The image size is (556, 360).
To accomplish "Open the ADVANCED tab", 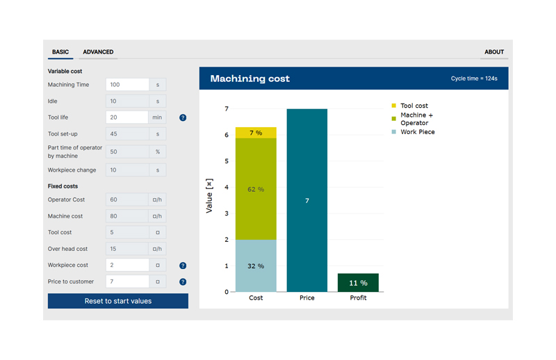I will point(98,52).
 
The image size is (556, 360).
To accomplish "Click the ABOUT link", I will point(494,52).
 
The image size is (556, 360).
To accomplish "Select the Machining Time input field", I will point(127,85).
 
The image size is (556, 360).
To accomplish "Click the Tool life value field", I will point(127,117).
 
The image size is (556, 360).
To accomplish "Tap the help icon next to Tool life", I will point(183,117).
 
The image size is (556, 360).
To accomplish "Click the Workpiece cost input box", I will point(127,265).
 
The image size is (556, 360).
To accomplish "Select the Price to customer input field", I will point(127,281).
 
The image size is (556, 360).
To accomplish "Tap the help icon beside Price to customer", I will point(183,281).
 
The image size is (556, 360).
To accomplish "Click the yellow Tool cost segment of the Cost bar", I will point(256,133).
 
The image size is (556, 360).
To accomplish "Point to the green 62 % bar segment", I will point(256,189).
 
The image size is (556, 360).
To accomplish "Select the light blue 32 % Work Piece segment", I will point(256,265).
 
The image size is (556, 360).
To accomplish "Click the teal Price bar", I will point(306,200).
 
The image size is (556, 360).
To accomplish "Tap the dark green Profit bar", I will point(358,283).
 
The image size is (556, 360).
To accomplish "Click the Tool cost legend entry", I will point(414,106).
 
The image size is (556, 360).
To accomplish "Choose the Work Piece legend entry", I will point(417,132).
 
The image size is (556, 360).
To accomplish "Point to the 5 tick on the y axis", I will point(225,161).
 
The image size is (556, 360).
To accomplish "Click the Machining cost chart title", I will point(250,79).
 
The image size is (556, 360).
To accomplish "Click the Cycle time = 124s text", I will point(474,79).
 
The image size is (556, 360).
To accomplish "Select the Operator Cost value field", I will point(127,199).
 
